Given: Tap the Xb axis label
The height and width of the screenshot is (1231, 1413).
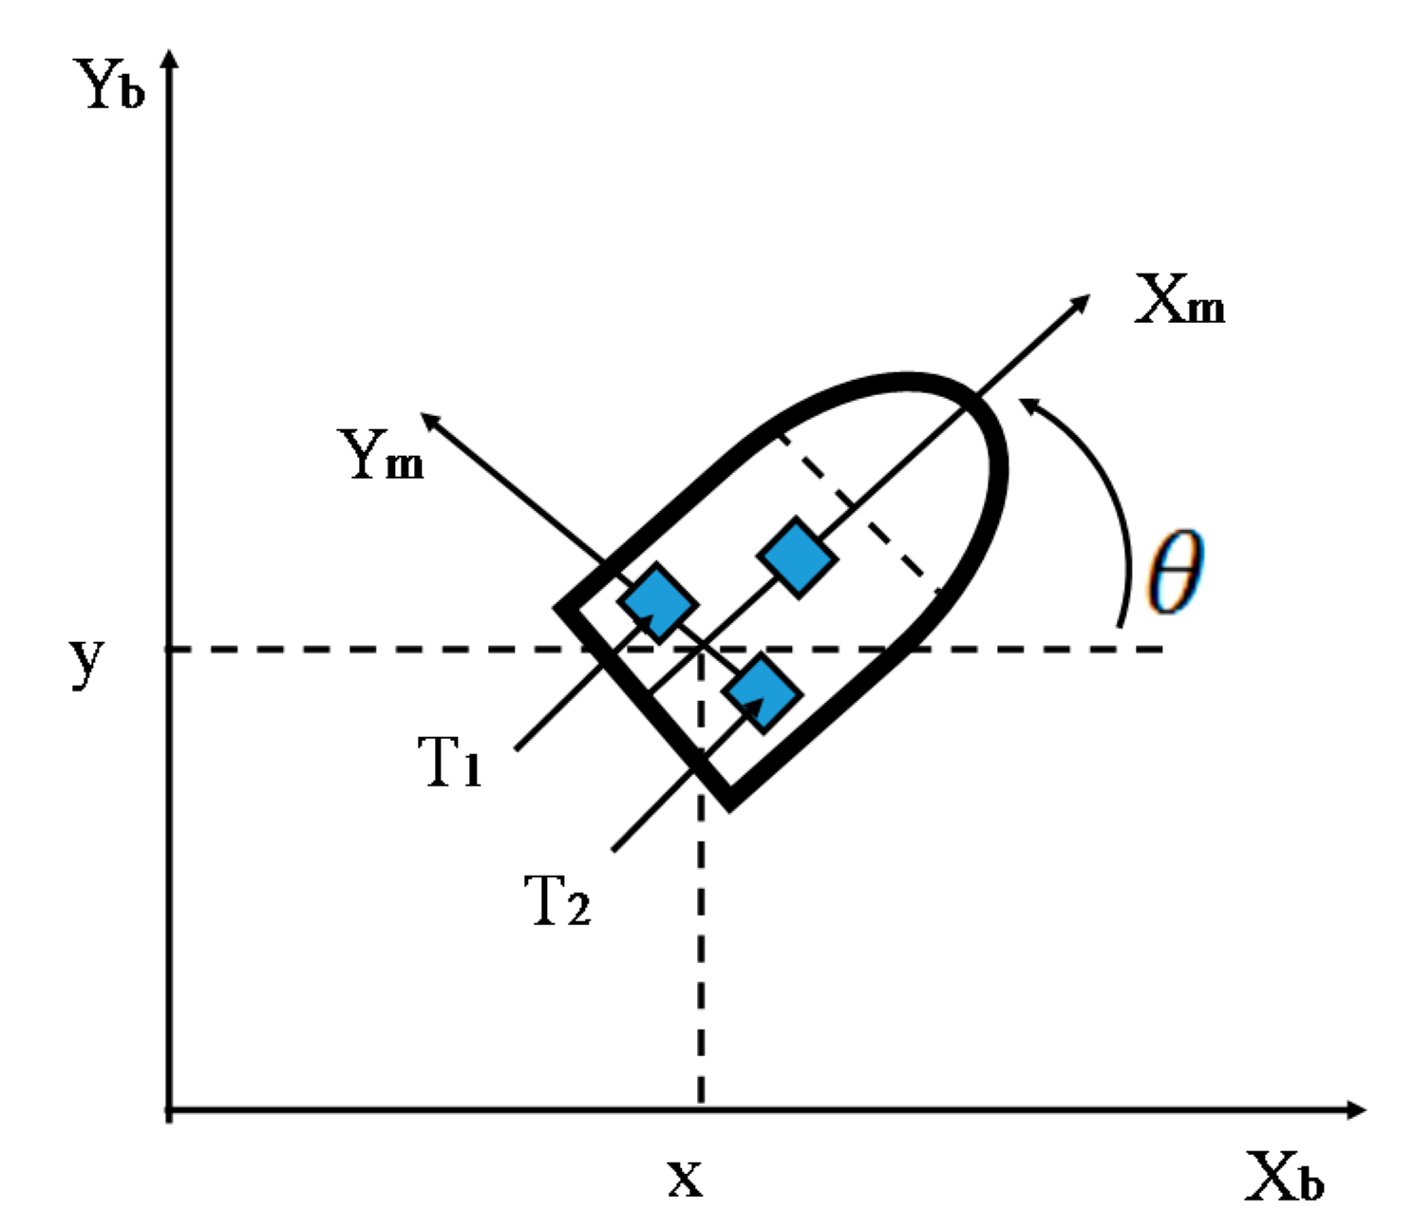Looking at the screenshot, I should (x=1284, y=1178).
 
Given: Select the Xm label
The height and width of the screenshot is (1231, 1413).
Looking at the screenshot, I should (x=1180, y=304).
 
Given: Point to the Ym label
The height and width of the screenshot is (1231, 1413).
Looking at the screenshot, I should (x=384, y=455).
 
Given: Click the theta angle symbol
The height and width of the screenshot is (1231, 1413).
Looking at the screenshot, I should (x=1175, y=572).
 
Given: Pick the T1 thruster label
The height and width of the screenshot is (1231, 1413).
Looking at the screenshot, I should (x=450, y=762).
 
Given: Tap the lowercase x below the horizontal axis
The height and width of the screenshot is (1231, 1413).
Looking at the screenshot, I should (x=685, y=1179).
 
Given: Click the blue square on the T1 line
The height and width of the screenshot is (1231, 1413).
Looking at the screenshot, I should (x=657, y=601).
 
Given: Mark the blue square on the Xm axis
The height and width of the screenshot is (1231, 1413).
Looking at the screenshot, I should (x=798, y=558).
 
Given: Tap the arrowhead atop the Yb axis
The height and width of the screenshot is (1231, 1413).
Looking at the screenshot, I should (x=170, y=59).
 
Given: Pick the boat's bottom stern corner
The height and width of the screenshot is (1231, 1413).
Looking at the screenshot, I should (x=729, y=804).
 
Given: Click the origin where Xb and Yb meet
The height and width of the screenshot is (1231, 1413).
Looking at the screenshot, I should (x=170, y=1109).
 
